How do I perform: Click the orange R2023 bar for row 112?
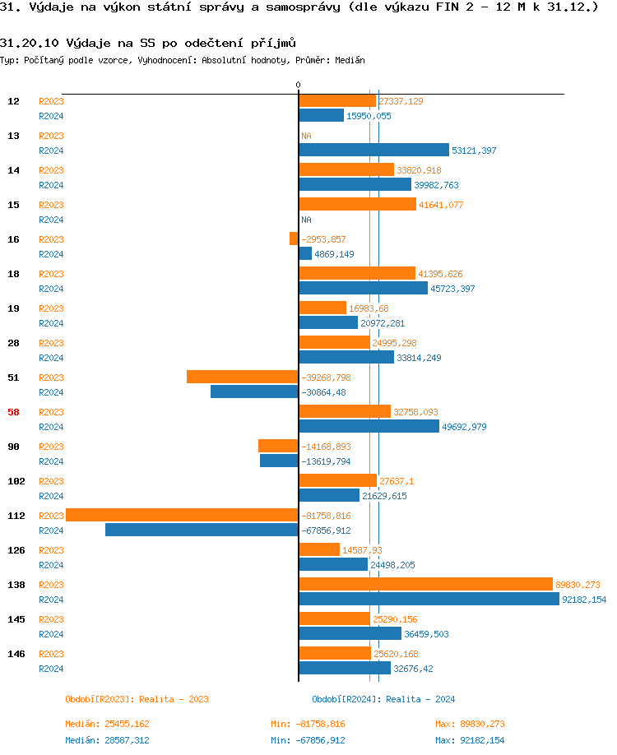click(182, 515)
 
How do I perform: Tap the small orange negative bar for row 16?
click(294, 239)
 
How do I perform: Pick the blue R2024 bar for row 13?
click(373, 150)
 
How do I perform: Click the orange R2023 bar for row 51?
click(242, 377)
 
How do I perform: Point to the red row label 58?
click(13, 412)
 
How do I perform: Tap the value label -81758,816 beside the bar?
click(326, 516)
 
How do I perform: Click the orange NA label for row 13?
click(306, 136)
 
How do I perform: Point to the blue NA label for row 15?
click(306, 220)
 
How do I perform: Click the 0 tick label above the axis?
click(298, 86)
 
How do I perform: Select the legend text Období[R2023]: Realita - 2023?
click(137, 699)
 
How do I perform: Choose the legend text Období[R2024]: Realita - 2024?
click(383, 699)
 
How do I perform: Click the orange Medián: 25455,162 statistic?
click(107, 724)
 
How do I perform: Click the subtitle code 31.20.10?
click(30, 42)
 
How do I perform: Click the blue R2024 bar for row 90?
click(279, 461)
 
